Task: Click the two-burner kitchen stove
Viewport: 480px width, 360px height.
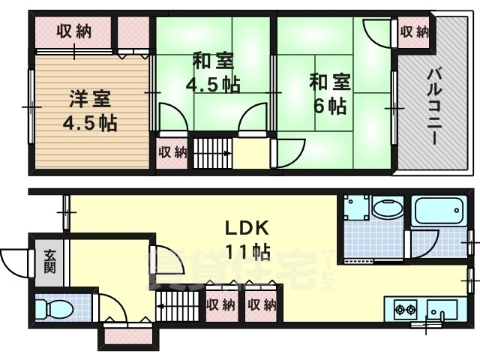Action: tap(406, 308)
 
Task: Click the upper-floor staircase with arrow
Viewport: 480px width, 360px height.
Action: tap(213, 152)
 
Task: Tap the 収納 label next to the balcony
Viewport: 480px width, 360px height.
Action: tap(414, 32)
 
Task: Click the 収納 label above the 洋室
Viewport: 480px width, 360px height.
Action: tap(73, 32)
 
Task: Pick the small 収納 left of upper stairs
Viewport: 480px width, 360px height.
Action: tap(171, 152)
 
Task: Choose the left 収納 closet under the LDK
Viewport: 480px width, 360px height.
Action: tap(220, 305)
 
